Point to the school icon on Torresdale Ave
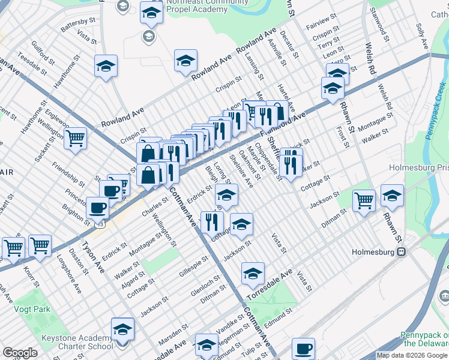pyautogui.click(x=253, y=274)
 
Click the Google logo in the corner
pyautogui.click(x=20, y=353)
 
